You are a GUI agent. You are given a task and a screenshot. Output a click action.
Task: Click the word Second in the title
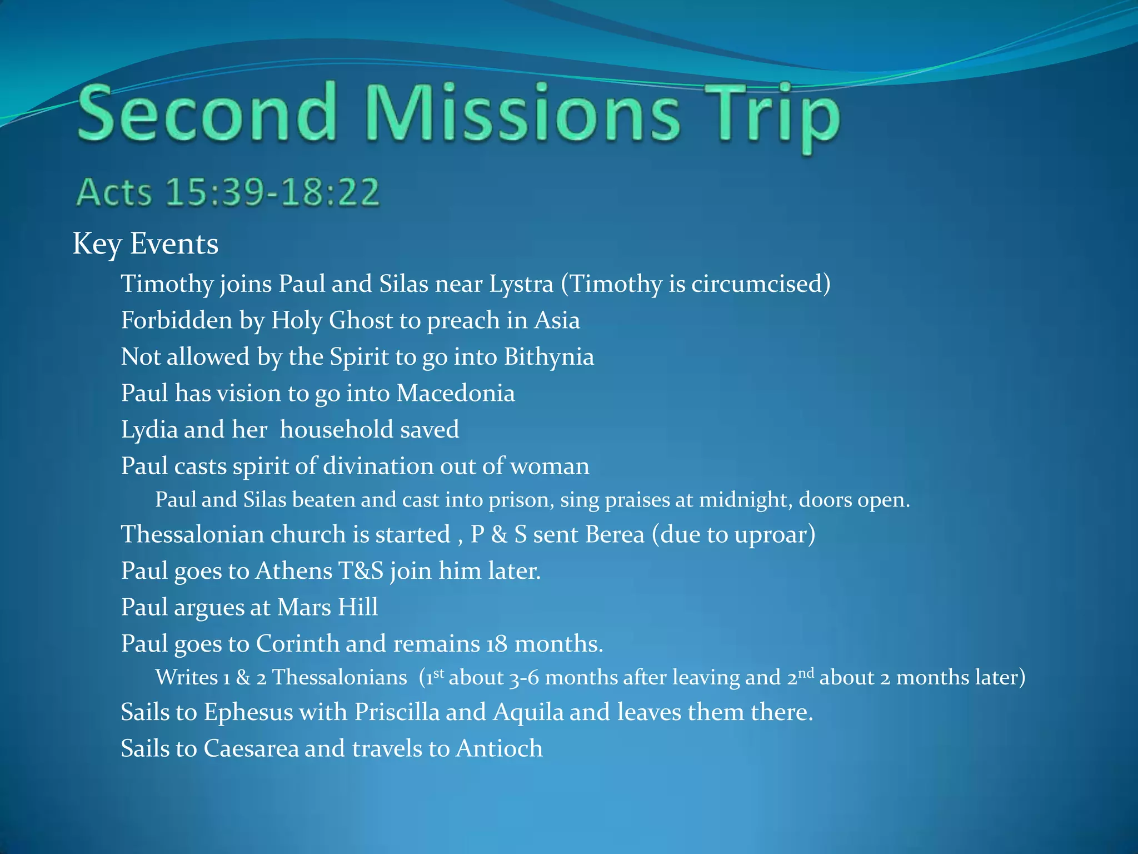tap(207, 113)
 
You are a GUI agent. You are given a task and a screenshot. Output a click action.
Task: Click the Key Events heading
tap(146, 244)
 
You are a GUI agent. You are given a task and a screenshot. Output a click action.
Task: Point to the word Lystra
tap(521, 284)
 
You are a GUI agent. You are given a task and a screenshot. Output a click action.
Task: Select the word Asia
tap(557, 321)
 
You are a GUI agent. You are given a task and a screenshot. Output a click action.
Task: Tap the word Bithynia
tap(549, 357)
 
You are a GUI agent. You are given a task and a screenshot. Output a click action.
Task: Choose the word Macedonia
tap(456, 394)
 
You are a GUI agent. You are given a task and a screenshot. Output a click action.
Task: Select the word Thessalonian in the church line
tap(192, 535)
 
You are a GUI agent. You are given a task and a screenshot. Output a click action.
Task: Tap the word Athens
tap(292, 571)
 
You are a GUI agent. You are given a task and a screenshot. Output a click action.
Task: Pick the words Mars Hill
tap(327, 607)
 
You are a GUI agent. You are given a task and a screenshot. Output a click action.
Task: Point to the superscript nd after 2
tap(806, 673)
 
